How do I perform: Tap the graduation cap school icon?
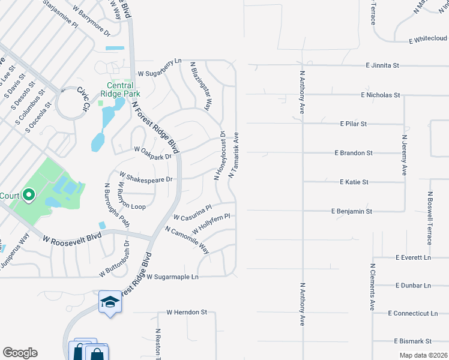coord(110,302)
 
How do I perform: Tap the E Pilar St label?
coord(353,124)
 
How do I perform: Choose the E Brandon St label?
coord(357,153)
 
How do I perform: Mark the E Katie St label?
coord(354,182)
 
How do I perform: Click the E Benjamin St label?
coord(352,211)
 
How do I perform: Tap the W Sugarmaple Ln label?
coord(172,277)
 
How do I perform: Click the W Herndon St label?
coord(187,312)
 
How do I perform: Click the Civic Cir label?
coord(82,98)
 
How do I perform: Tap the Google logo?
coord(20,353)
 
